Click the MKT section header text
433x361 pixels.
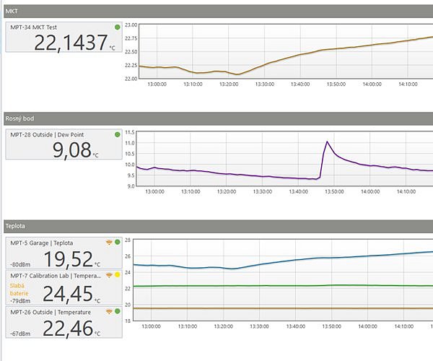pyautogui.click(x=12, y=10)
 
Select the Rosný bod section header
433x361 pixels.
pyautogui.click(x=19, y=118)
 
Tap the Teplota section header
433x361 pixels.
pyautogui.click(x=16, y=225)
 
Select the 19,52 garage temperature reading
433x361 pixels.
pyautogui.click(x=69, y=259)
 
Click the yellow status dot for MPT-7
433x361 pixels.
pyautogui.click(x=118, y=276)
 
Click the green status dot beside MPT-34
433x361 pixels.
pyautogui.click(x=118, y=27)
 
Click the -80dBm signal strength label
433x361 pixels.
pyautogui.click(x=19, y=264)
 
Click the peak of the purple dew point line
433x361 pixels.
pyautogui.click(x=327, y=142)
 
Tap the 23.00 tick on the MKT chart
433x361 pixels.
pyautogui.click(x=131, y=25)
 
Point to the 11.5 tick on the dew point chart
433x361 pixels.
pyautogui.click(x=131, y=133)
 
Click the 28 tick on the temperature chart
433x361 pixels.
pyautogui.click(x=128, y=240)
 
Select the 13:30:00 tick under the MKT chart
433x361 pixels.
pyautogui.click(x=264, y=84)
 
